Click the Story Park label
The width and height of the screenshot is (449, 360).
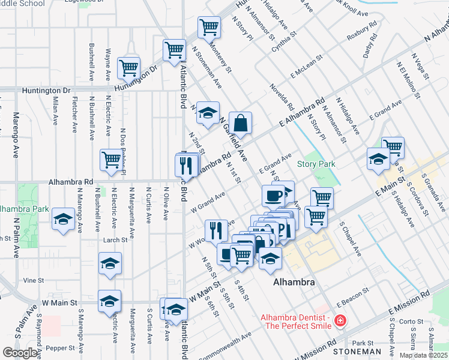pyautogui.click(x=316, y=164)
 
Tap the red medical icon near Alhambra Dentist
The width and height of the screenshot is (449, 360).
pyautogui.click(x=340, y=322)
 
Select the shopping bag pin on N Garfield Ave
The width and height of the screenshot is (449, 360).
pyautogui.click(x=240, y=123)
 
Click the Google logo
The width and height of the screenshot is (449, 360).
pyautogui.click(x=20, y=353)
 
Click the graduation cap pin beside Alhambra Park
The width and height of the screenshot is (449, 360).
pyautogui.click(x=63, y=219)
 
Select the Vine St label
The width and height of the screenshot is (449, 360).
pyautogui.click(x=34, y=280)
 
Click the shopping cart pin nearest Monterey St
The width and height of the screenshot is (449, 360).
pyautogui.click(x=208, y=27)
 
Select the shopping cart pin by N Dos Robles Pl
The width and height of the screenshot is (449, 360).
pyautogui.click(x=112, y=160)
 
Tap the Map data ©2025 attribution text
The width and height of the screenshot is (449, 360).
pyautogui.click(x=423, y=355)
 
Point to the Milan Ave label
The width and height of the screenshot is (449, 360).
pyautogui.click(x=56, y=107)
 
